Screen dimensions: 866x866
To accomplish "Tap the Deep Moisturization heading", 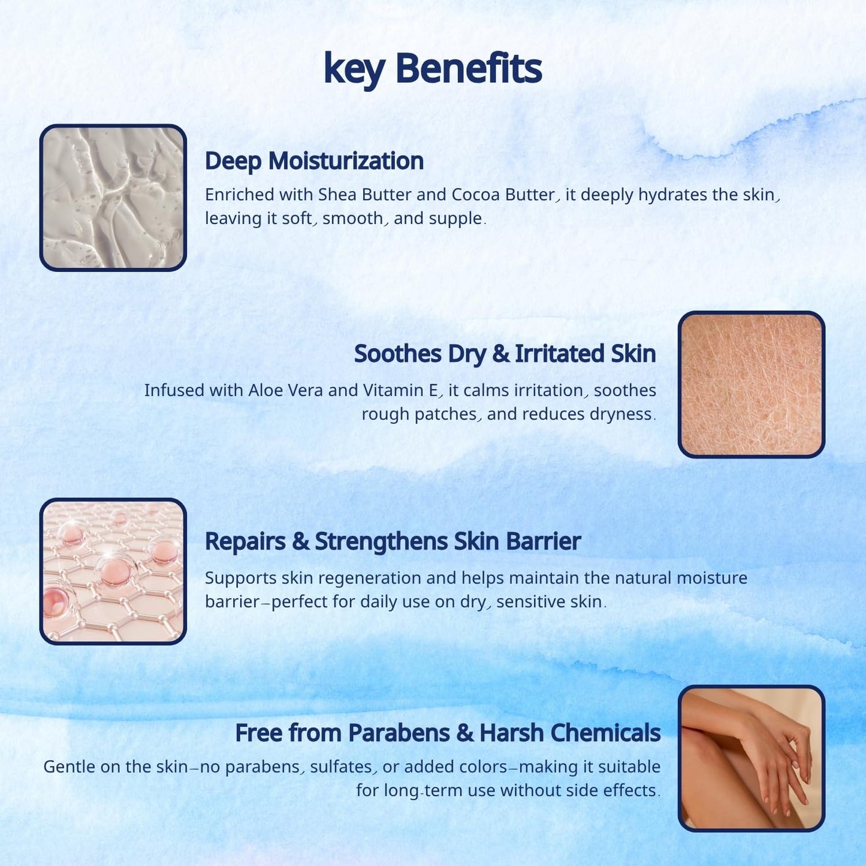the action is tap(314, 161).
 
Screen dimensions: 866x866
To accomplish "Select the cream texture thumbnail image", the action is tap(113, 198).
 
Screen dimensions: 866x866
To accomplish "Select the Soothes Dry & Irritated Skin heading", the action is tap(505, 354).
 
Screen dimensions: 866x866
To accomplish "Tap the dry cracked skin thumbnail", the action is tap(751, 385).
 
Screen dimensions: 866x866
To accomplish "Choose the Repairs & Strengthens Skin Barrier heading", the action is tap(393, 542).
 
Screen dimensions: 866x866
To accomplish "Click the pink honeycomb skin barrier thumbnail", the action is tap(113, 572).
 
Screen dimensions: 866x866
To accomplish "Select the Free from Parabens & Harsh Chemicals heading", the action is tap(448, 733).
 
